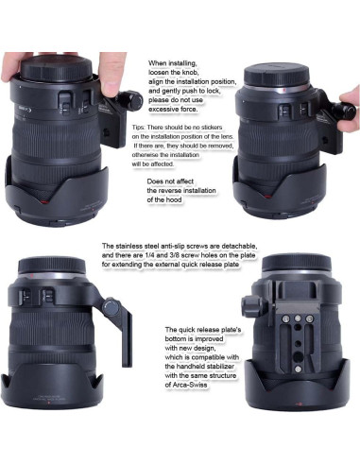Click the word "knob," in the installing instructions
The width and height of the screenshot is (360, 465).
pos(189,73)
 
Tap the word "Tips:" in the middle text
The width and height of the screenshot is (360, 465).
pos(139,128)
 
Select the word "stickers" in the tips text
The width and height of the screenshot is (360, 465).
pos(211,128)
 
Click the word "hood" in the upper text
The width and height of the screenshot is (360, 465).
pos(174,199)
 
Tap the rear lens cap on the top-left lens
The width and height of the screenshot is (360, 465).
pos(57,68)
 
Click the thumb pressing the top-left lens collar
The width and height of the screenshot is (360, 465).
pos(111,74)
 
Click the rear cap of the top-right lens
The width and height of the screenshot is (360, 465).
pos(277,75)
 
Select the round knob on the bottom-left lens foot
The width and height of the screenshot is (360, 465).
pos(111,307)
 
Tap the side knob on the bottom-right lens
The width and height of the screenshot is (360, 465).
pos(251,306)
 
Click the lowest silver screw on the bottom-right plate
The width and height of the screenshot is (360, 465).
pos(298,369)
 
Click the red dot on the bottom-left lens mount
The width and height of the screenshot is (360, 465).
pos(32,275)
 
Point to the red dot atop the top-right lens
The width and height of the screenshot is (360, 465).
pos(284,90)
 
